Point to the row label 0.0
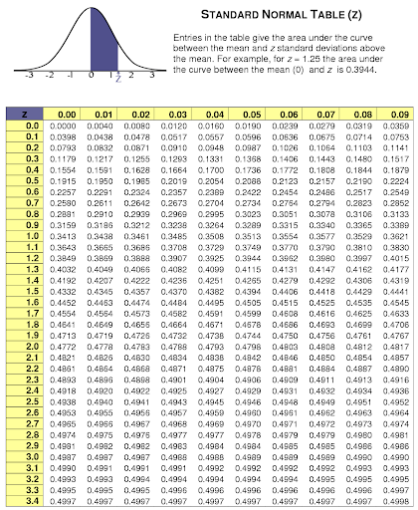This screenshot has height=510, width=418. point(32,127)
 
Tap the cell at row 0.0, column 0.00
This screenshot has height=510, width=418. point(64,127)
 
